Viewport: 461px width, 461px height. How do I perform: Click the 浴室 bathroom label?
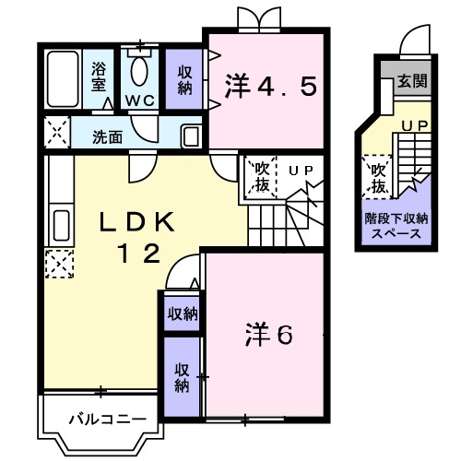pos(98,77)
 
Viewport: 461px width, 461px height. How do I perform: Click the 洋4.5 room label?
pos(270,87)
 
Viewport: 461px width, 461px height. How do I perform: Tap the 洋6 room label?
pos(268,334)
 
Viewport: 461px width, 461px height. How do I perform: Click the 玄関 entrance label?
pos(411,81)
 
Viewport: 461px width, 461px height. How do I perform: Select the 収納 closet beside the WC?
pos(184,80)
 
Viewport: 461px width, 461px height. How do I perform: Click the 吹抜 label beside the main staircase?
pos(261,176)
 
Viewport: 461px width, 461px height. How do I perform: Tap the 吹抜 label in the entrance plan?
pos(378,177)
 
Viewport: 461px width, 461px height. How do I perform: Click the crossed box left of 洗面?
pos(55,133)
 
